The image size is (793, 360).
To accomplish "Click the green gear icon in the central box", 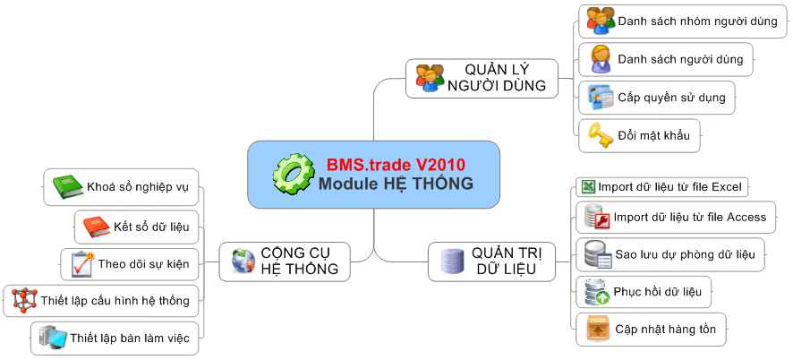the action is [x=294, y=174].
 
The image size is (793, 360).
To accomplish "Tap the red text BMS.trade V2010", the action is [x=396, y=165].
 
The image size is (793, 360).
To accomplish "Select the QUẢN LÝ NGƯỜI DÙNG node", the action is [x=482, y=78].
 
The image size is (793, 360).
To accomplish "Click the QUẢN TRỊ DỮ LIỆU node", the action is [x=491, y=261].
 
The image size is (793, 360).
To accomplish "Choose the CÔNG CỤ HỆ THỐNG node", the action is [x=285, y=261].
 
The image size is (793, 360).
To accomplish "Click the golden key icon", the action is [x=600, y=135].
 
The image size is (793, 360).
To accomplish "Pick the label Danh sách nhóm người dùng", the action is [x=697, y=21].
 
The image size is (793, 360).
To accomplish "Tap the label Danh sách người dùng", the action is [x=680, y=59].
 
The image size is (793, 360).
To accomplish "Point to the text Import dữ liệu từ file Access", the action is [x=690, y=218].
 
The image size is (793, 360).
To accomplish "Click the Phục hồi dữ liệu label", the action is [x=658, y=292].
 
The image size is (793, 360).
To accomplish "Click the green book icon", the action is [x=68, y=187].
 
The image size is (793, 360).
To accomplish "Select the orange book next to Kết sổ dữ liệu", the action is [x=96, y=227].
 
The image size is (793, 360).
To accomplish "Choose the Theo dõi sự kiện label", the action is [x=143, y=264].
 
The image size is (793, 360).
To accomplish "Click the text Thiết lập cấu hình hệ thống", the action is [x=115, y=301].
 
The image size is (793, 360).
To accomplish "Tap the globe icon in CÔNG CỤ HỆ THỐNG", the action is [x=243, y=261].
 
